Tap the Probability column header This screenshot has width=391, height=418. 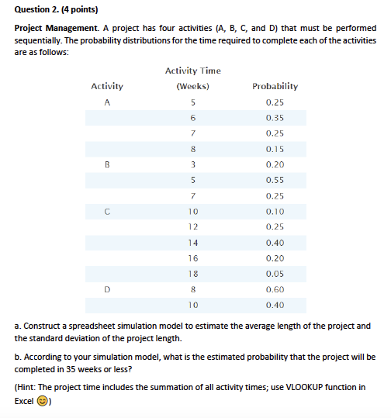[275, 86]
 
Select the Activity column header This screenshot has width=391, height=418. [107, 86]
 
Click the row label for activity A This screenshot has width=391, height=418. [107, 102]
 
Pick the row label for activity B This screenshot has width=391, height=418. [107, 164]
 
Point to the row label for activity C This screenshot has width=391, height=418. [107, 211]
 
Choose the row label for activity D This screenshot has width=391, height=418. [107, 289]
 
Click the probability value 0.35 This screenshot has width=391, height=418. [275, 117]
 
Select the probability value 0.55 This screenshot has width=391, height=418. [275, 180]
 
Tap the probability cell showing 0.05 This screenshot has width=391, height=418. [275, 274]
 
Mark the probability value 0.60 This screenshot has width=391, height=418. [275, 289]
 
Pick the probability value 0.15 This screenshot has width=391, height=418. [275, 149]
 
